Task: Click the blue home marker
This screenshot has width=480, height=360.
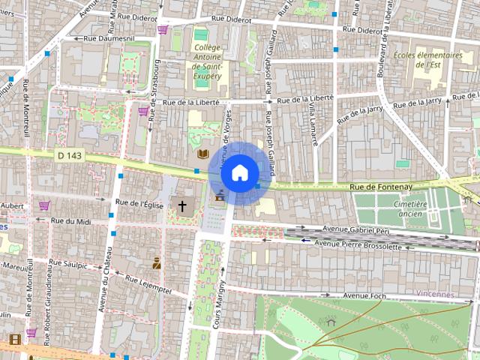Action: pyautogui.click(x=239, y=173)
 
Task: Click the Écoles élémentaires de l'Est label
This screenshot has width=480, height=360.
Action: pyautogui.click(x=427, y=59)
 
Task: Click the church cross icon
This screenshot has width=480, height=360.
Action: pyautogui.click(x=182, y=205)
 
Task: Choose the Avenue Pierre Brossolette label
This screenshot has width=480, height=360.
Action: pyautogui.click(x=364, y=243)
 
